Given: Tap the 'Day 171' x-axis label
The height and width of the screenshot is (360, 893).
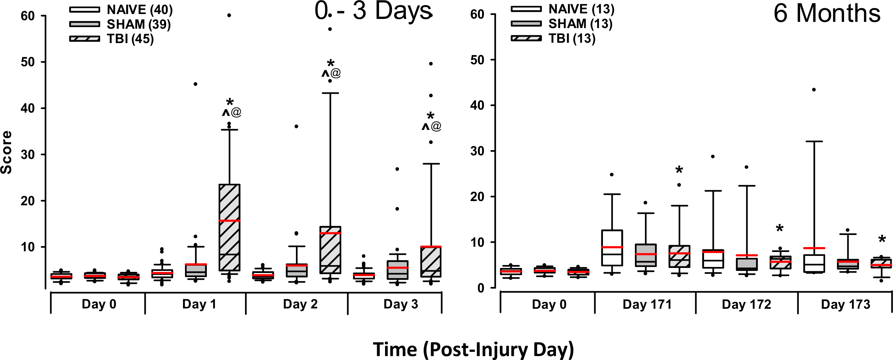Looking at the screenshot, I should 647,304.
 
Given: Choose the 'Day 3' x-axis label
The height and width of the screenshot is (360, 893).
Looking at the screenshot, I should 401,304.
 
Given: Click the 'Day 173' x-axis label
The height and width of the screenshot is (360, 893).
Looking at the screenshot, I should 845,304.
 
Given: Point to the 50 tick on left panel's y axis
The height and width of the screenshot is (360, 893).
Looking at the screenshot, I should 28,62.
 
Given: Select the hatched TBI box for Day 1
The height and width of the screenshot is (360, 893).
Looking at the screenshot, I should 229,227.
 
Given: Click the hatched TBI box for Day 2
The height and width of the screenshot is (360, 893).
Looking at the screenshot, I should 331,250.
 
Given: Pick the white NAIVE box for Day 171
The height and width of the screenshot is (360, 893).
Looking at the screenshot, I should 612,248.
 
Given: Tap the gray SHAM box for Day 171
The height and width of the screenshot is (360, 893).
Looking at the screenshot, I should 645,255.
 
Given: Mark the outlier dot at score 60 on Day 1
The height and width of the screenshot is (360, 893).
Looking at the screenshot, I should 229,15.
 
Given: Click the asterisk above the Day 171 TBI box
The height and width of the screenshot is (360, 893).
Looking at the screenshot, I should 679,170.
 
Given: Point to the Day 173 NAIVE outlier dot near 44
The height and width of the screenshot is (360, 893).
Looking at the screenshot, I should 814,89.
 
